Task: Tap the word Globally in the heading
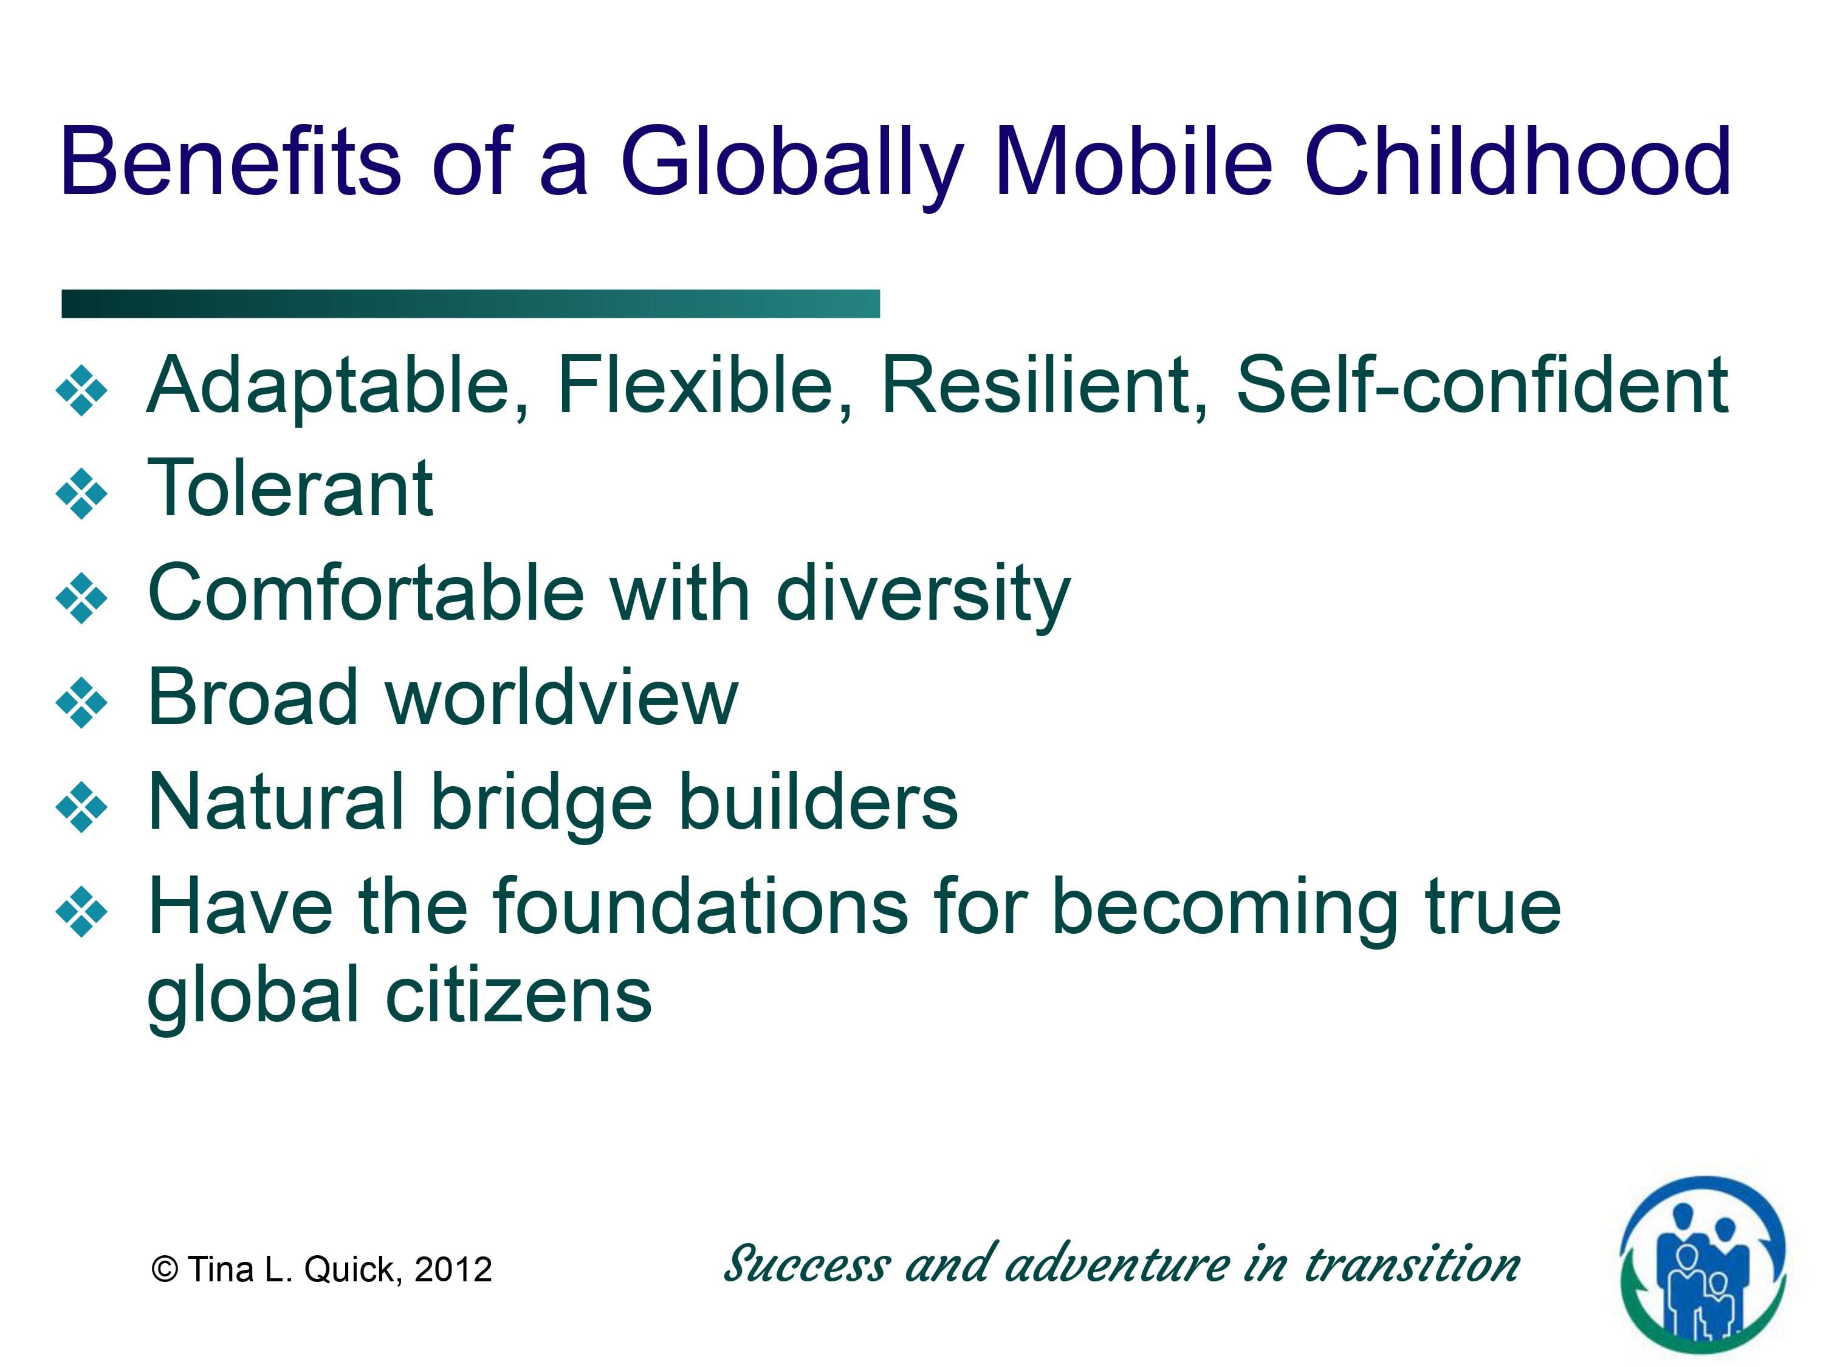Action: click(791, 163)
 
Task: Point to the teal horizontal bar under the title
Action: click(470, 303)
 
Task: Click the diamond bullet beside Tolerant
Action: click(81, 493)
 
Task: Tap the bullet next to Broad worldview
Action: click(81, 702)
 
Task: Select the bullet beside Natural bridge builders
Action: click(81, 807)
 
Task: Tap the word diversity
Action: click(923, 595)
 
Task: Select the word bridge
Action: click(542, 804)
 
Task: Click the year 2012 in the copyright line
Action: click(453, 1270)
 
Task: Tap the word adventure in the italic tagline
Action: click(1117, 1265)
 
